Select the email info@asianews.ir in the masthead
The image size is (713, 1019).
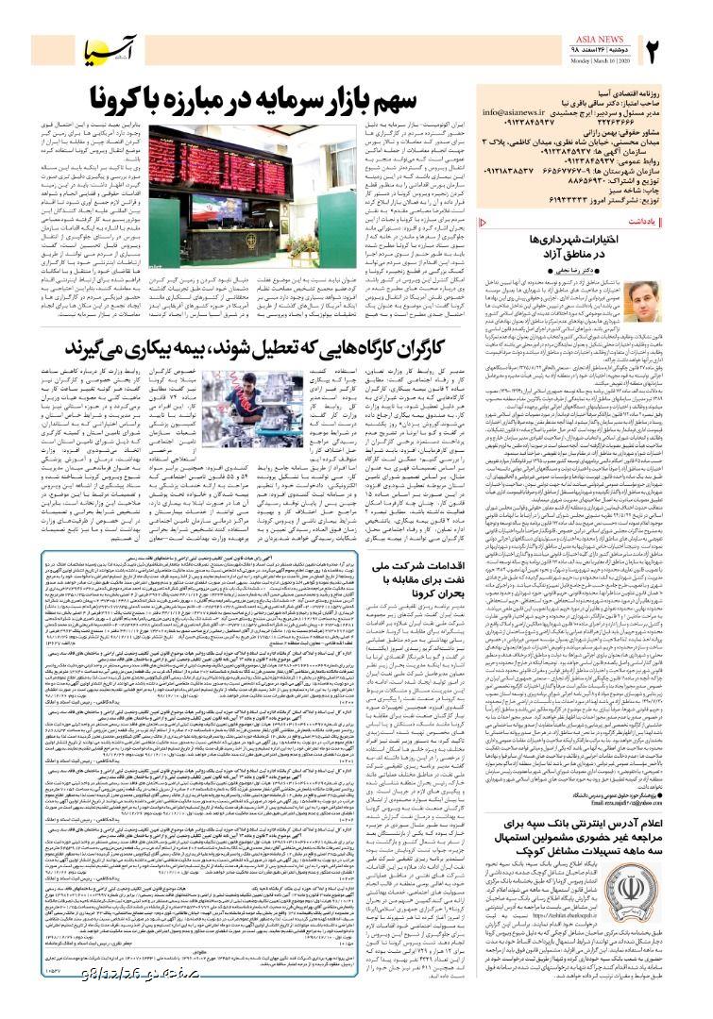(514, 112)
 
